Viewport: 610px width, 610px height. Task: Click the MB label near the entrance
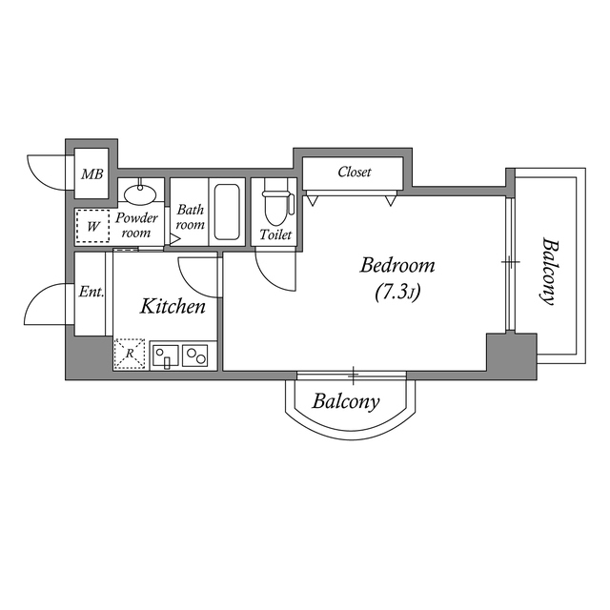pyautogui.click(x=91, y=173)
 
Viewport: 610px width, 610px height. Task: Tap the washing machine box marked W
pyautogui.click(x=93, y=226)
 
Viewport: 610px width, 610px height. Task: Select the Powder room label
pyautogui.click(x=136, y=225)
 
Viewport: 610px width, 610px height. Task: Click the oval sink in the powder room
pyautogui.click(x=141, y=193)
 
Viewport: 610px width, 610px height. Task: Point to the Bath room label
pyautogui.click(x=190, y=217)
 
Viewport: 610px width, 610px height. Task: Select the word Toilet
pyautogui.click(x=275, y=234)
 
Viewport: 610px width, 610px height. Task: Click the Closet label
pyautogui.click(x=355, y=173)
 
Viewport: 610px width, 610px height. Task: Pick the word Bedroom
pyautogui.click(x=397, y=265)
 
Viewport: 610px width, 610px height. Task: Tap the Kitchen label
pyautogui.click(x=173, y=306)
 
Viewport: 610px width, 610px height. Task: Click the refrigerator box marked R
pyautogui.click(x=130, y=354)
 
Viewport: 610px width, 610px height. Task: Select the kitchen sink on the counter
pyautogui.click(x=165, y=356)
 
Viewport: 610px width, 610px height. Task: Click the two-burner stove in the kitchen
pyautogui.click(x=197, y=356)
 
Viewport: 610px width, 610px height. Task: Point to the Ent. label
pyautogui.click(x=91, y=293)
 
